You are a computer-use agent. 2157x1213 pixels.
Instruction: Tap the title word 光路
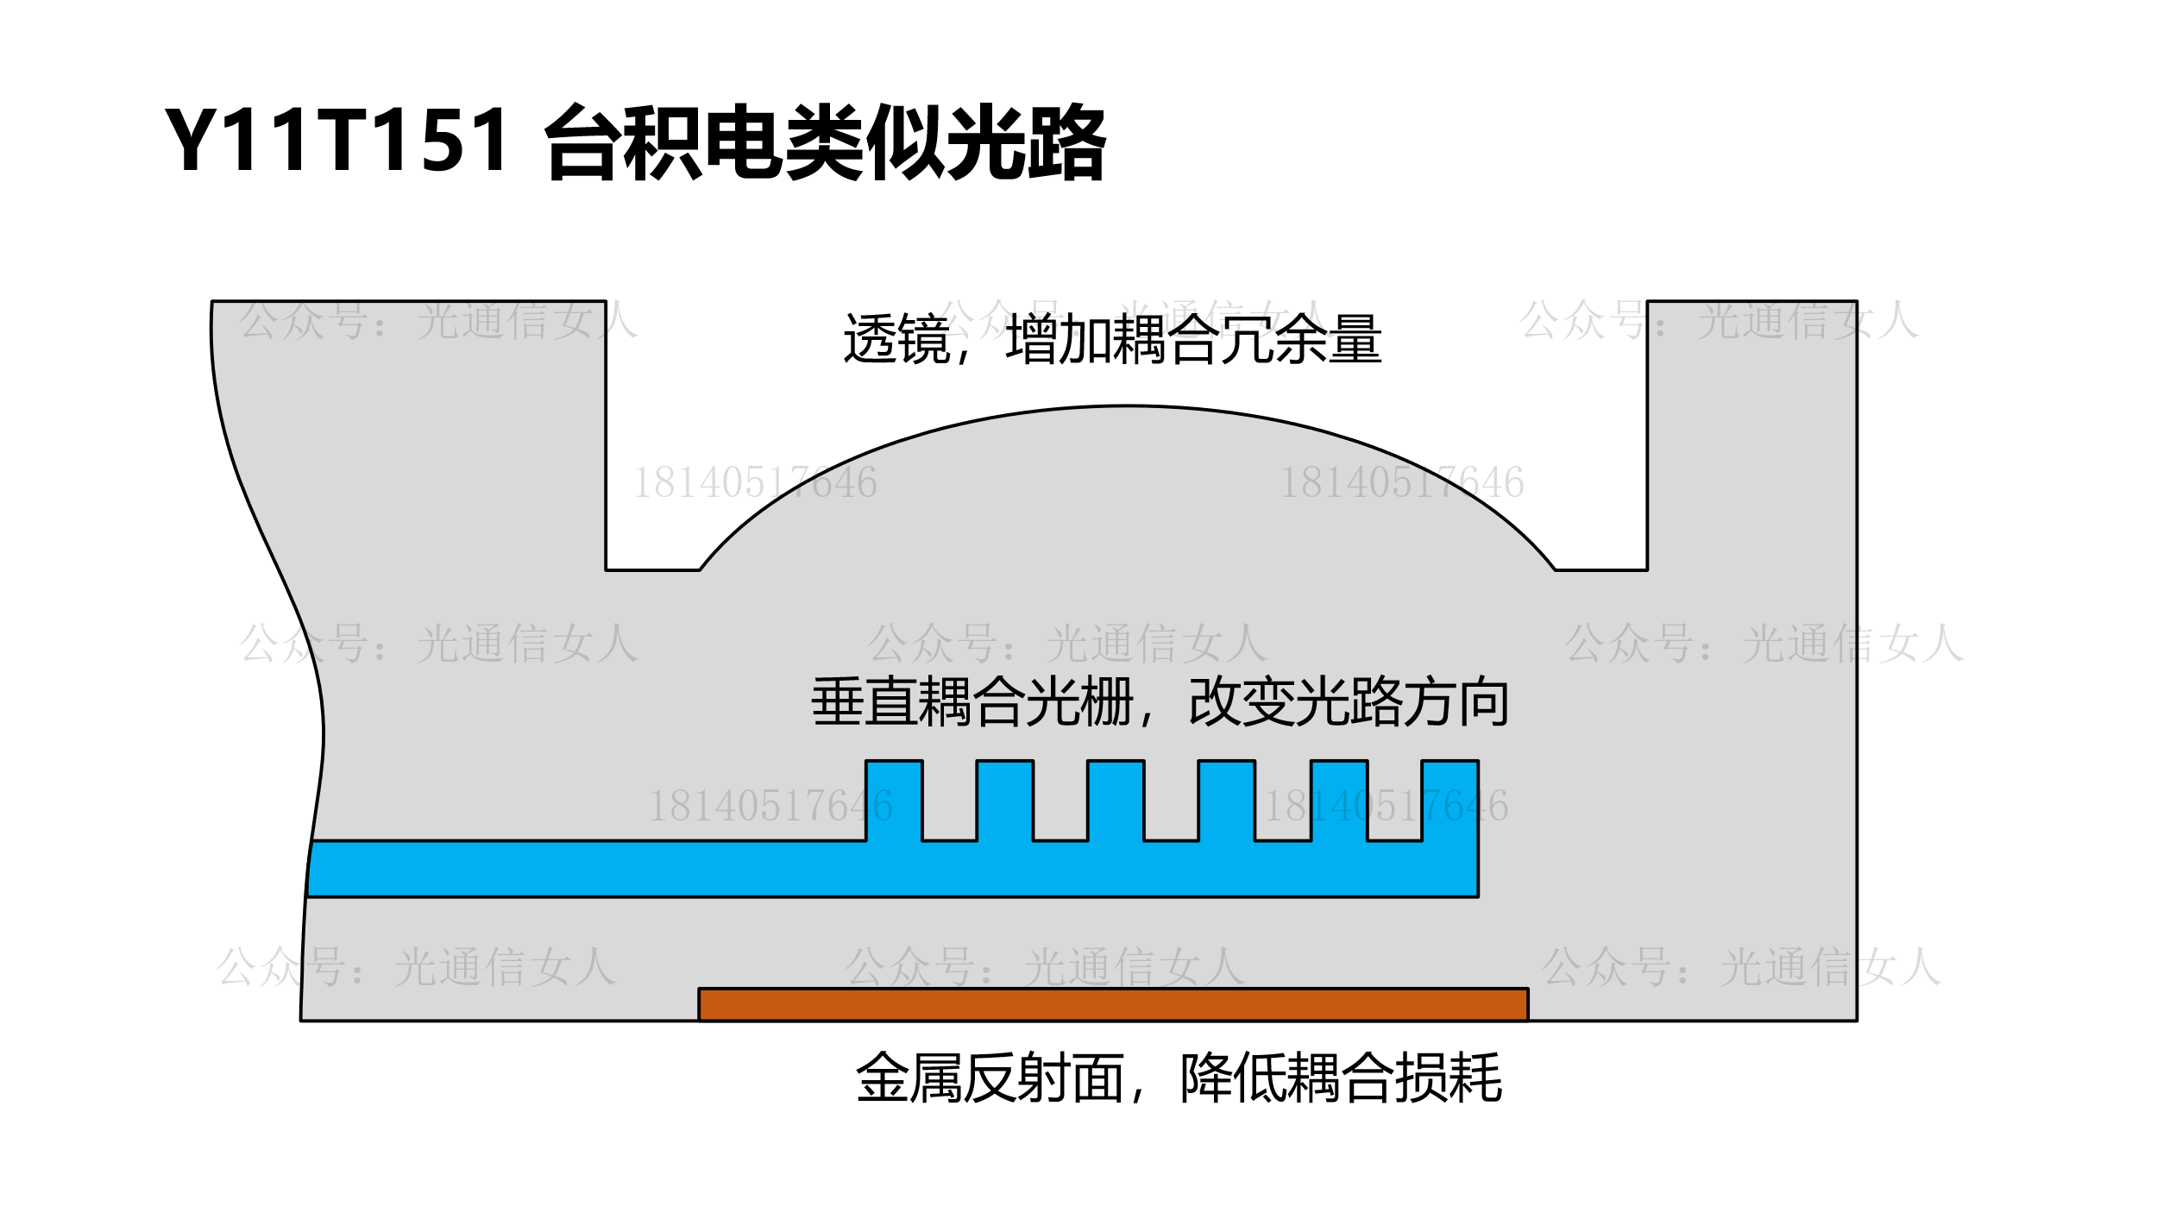point(1027,142)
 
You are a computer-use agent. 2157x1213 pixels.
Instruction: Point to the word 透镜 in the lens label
point(896,339)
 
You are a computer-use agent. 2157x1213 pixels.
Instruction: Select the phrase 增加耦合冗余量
point(1193,339)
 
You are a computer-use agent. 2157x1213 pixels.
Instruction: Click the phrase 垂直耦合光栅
point(972,702)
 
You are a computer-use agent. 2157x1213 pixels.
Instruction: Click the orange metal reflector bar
point(1113,1005)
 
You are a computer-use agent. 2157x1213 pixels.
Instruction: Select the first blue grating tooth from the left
point(894,800)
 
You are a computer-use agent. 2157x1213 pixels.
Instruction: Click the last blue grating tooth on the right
point(1450,800)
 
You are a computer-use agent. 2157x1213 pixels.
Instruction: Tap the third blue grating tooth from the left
point(1116,800)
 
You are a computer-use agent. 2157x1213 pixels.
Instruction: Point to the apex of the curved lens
point(1126,407)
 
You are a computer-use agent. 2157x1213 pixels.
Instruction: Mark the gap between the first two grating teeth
point(949,800)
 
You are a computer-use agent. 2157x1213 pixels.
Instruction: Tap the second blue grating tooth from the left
point(1004,800)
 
